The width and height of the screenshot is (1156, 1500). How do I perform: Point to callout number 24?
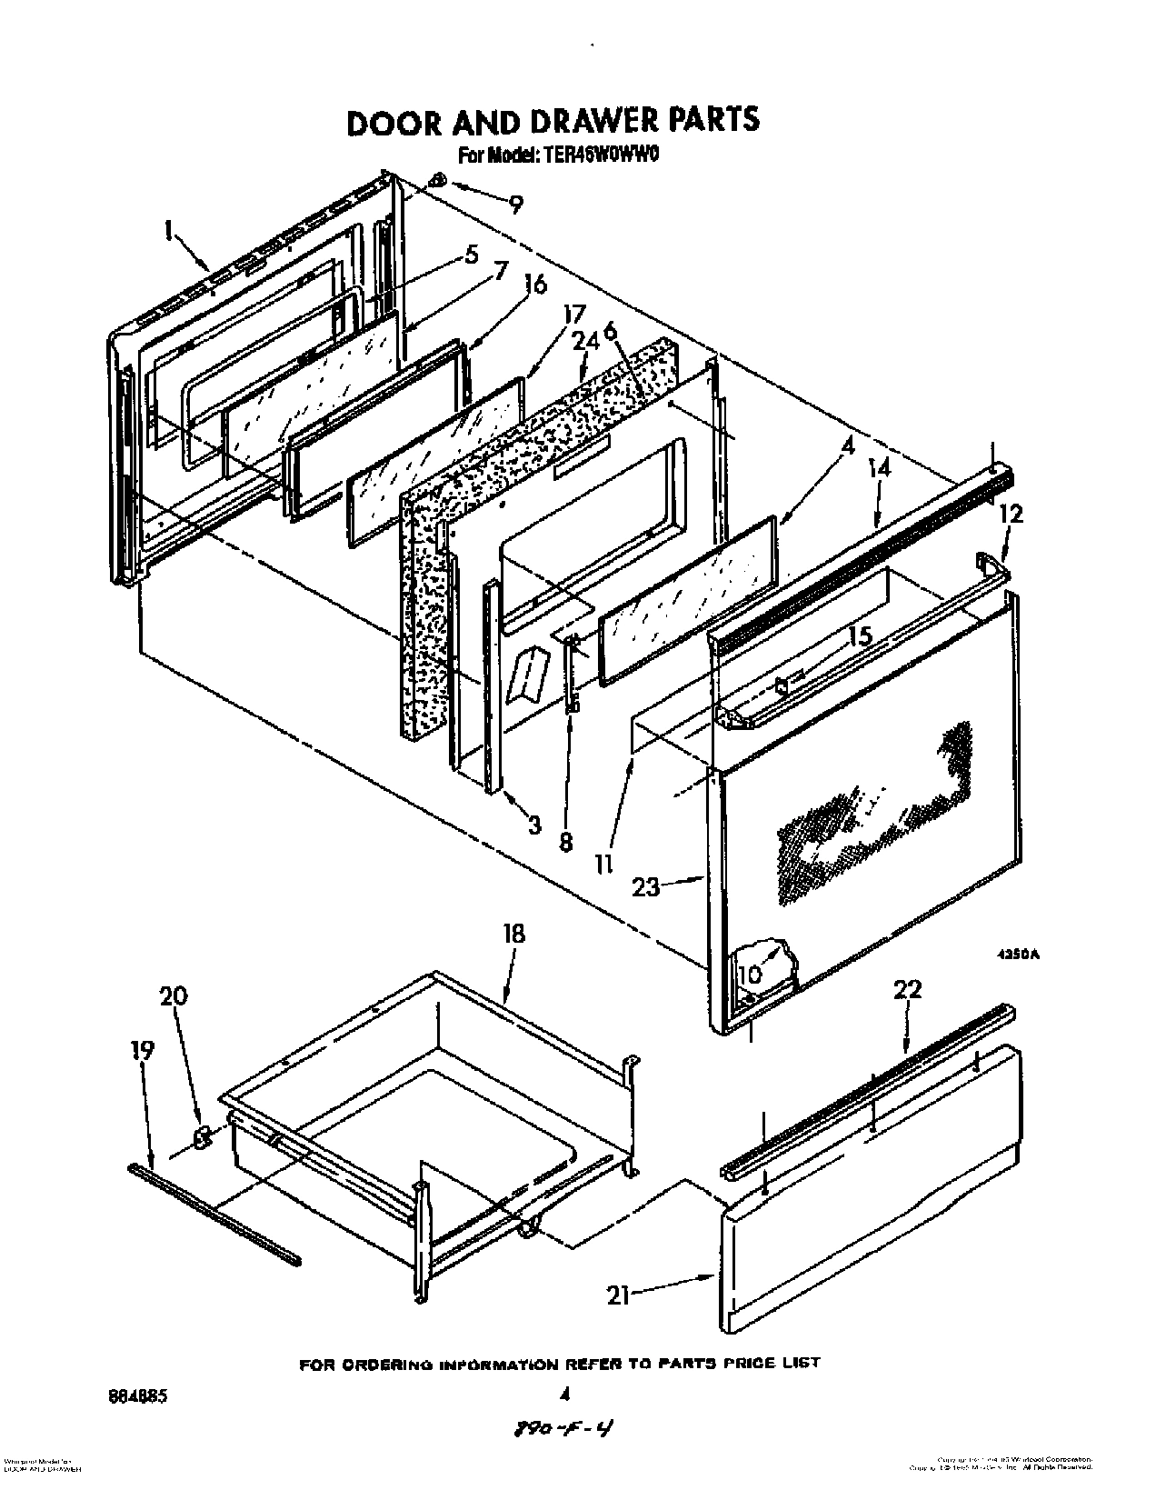click(x=586, y=341)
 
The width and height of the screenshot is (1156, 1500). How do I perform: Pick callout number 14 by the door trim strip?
click(x=880, y=469)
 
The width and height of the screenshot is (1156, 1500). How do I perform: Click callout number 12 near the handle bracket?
click(x=1010, y=514)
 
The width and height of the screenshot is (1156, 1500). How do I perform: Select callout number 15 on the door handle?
click(x=860, y=635)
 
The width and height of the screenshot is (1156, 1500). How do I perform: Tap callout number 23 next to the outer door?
click(x=645, y=886)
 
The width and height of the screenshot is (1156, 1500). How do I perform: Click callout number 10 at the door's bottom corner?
click(x=750, y=974)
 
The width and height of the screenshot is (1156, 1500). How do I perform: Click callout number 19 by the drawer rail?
click(x=143, y=1050)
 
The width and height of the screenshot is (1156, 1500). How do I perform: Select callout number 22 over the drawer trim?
click(x=907, y=989)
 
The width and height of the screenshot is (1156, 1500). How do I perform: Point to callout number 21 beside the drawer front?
click(x=620, y=1296)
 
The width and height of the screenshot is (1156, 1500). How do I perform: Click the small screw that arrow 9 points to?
click(x=437, y=180)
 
